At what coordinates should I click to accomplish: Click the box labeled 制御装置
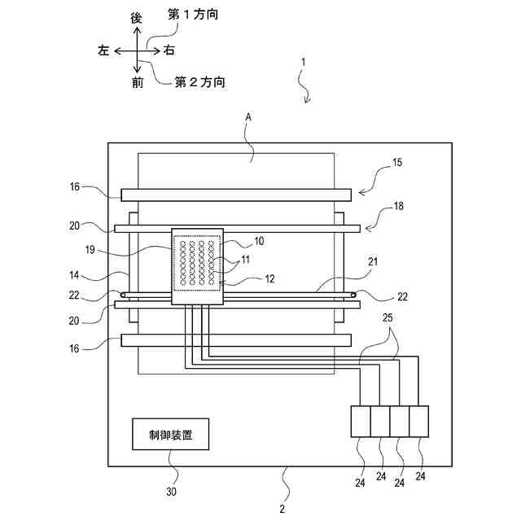pos(172,434)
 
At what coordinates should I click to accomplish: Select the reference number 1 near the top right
pos(304,62)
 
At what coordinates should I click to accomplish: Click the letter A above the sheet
pos(249,118)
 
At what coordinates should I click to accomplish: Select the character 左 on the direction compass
pos(103,50)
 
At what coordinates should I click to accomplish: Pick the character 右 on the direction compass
pos(169,50)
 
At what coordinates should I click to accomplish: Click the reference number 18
pos(397,208)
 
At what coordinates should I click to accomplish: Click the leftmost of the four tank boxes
pos(360,422)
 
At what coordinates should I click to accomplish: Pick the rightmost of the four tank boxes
pos(418,422)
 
